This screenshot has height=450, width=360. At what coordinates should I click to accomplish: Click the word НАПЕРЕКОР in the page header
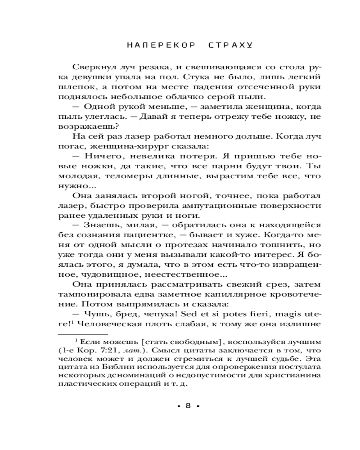(x=154, y=45)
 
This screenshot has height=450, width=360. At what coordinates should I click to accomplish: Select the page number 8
(x=189, y=405)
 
